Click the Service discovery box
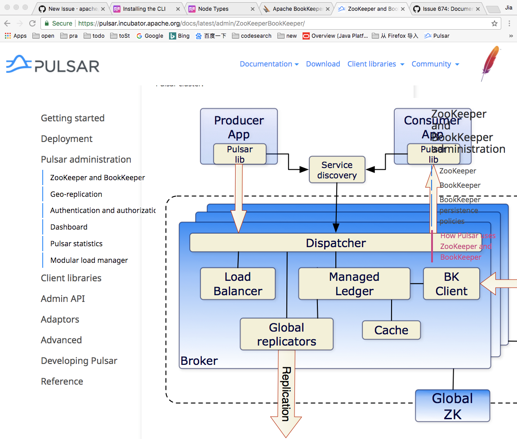tap(337, 170)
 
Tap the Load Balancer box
tap(238, 284)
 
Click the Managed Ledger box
tap(354, 284)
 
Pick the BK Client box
tap(451, 284)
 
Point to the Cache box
tap(391, 330)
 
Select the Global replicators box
tap(286, 334)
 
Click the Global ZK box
tap(452, 406)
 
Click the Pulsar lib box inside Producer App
tap(240, 154)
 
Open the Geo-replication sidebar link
tap(76, 194)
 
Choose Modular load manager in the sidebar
tap(89, 260)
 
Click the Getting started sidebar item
tap(72, 118)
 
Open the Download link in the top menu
tap(323, 64)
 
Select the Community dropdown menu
tap(435, 64)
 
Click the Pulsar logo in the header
tap(53, 64)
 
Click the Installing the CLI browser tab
tap(144, 9)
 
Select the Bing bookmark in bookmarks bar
tap(179, 36)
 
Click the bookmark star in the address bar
tap(495, 23)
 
